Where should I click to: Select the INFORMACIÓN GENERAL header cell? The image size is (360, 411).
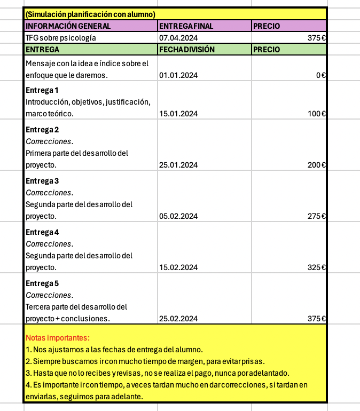(68, 26)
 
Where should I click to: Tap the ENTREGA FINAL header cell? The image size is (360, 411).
(185, 26)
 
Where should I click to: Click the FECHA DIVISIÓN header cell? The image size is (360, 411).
(187, 50)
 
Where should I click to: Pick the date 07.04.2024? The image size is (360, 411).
(178, 38)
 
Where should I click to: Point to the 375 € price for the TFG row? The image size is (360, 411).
(317, 38)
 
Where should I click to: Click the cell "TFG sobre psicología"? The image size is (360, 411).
(61, 38)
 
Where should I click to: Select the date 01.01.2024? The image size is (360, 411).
(178, 75)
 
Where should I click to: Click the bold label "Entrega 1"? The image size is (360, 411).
(42, 90)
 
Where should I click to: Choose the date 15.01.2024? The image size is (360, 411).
(178, 113)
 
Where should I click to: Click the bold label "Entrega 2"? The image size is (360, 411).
(42, 130)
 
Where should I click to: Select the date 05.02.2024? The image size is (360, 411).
(178, 216)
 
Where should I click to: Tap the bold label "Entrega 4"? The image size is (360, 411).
(42, 232)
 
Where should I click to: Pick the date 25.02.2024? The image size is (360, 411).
(178, 319)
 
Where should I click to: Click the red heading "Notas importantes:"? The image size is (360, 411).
(58, 338)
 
